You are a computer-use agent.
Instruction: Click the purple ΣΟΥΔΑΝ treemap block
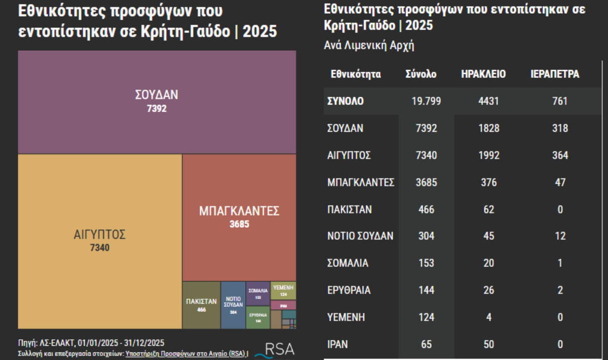tap(157, 101)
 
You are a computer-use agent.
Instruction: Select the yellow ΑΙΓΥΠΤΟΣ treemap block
tap(100, 241)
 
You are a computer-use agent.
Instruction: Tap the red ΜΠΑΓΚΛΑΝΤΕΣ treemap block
tap(239, 217)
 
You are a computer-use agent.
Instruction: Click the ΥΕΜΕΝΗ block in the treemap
tap(283, 290)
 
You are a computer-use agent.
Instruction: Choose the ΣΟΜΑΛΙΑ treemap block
tap(258, 293)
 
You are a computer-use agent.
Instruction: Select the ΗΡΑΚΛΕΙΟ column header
tap(483, 74)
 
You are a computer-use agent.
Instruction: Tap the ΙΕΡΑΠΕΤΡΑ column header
tap(554, 74)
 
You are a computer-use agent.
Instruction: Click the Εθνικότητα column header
tap(356, 74)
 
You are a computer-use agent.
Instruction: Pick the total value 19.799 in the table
tap(426, 101)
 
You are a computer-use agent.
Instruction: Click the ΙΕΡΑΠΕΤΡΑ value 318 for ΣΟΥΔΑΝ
tap(560, 128)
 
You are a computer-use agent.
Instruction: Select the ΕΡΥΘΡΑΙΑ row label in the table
tap(349, 291)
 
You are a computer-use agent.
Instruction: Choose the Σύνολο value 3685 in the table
tap(426, 183)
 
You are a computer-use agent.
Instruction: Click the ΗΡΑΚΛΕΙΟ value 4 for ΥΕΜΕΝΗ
tap(489, 318)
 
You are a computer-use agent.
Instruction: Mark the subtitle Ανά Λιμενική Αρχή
tap(369, 45)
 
